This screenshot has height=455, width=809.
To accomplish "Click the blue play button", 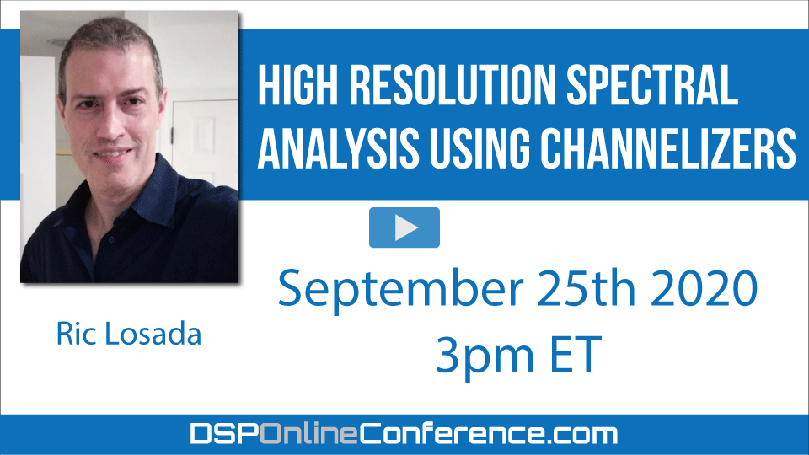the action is click(404, 227).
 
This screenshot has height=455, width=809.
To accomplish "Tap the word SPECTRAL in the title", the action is click(652, 85).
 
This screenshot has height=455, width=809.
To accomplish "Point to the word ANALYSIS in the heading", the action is click(338, 148).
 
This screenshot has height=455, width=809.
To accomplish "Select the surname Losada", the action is click(153, 334).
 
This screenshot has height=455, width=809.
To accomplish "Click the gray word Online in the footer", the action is click(308, 433).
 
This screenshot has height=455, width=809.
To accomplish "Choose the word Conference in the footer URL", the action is click(452, 433).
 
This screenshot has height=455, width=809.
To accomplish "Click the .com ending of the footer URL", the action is click(581, 435).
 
